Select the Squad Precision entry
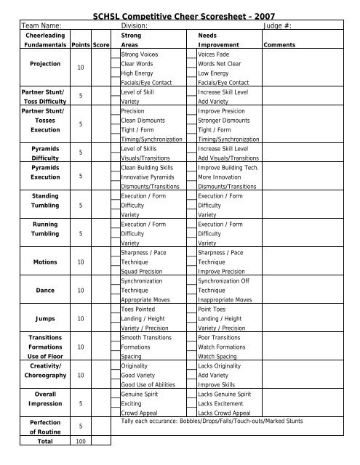pos(143,270)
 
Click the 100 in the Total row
pos(81,441)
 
